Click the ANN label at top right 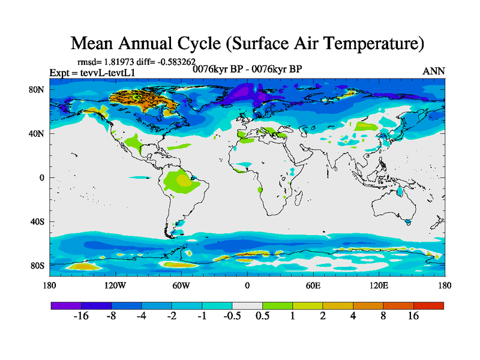pos(434,71)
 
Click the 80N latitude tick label pos(37,89)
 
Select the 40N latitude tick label pos(37,133)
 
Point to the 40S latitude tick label pos(37,221)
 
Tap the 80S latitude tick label pos(37,265)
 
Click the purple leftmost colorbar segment pos(66,305)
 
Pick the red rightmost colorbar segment pos(429,305)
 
